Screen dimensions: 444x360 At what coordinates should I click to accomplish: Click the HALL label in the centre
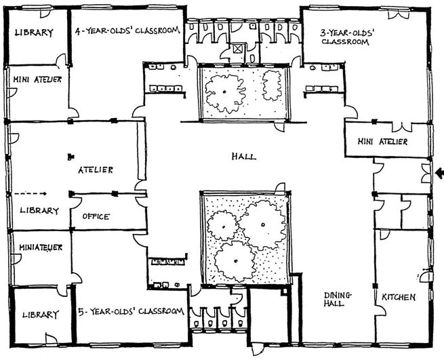point(243,157)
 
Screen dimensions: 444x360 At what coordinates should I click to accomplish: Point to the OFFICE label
point(96,217)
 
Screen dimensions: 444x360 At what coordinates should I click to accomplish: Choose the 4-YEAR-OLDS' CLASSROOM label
point(127,31)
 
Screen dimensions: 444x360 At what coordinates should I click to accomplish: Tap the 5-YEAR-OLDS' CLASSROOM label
point(131,311)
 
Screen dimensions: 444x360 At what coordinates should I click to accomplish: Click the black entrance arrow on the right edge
point(439,171)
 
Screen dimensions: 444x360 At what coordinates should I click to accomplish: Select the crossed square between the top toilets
point(239,48)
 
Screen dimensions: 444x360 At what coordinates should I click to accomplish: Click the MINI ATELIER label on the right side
point(383,142)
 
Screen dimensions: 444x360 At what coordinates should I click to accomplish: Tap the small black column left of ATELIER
point(70,157)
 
